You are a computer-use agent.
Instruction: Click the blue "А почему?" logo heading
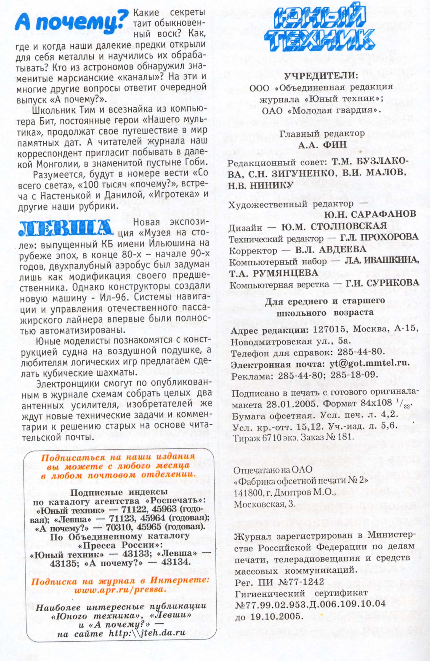coord(71,21)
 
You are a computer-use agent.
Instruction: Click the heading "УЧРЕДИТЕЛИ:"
coord(321,76)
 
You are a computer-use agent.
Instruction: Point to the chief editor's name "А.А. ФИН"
coord(322,145)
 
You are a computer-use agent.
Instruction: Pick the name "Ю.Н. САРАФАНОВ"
coord(370,214)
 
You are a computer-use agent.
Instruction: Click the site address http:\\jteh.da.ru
coord(147,633)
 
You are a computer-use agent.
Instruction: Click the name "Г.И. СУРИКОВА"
coord(382,283)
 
